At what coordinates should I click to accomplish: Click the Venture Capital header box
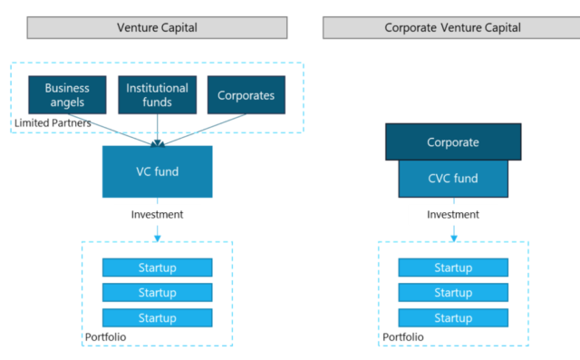[157, 27]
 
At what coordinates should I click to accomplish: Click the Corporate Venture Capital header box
[452, 27]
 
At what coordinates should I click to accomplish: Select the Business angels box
[67, 94]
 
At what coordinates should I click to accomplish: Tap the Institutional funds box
[157, 94]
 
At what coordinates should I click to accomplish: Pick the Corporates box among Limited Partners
[246, 94]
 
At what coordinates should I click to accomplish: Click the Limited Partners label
[52, 122]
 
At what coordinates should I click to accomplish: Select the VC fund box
[157, 171]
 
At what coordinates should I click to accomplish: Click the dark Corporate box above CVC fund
[452, 142]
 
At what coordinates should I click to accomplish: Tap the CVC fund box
[452, 179]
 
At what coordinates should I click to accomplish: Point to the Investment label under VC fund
[157, 215]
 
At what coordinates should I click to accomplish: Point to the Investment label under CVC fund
[452, 215]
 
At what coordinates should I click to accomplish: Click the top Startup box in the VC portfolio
[157, 268]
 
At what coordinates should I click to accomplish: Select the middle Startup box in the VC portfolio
[157, 293]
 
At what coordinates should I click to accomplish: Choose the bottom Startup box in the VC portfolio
[157, 318]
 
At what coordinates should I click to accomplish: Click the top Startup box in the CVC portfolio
[452, 268]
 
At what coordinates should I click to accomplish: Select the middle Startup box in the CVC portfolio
[452, 293]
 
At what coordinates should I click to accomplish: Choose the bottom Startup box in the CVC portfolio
[452, 318]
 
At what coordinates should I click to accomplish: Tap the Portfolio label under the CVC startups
[402, 337]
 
